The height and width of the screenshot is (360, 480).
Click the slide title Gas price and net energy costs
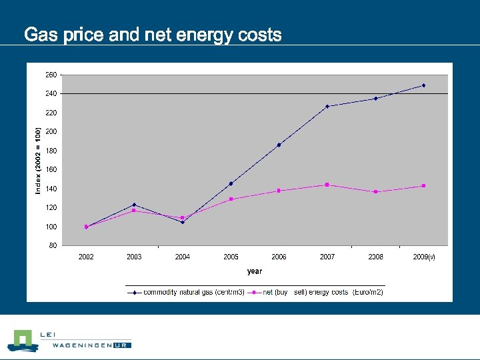tap(153, 35)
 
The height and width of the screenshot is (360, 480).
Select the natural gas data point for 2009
tap(423, 85)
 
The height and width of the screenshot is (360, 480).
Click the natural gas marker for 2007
tap(327, 106)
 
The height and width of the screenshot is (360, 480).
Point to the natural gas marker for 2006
tap(279, 145)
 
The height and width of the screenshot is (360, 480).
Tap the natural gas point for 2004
tap(183, 222)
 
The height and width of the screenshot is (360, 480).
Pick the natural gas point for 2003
tap(134, 205)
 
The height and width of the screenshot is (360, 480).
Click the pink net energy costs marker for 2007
tap(327, 185)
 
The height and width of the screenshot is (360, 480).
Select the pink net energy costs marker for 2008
tap(375, 192)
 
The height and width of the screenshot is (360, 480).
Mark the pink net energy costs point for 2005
tap(231, 199)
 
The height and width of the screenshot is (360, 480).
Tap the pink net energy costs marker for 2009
tap(423, 186)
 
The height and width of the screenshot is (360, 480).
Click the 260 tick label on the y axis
tap(51, 75)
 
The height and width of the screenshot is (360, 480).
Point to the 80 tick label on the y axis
tap(53, 245)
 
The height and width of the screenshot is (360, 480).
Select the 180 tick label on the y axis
tap(51, 151)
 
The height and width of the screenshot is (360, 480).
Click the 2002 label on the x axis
tap(86, 257)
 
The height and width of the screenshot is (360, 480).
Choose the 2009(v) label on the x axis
tap(424, 257)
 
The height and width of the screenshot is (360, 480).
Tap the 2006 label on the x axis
tap(279, 257)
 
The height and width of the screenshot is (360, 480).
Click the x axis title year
tap(255, 271)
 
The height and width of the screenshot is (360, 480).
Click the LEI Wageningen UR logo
tap(69, 340)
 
